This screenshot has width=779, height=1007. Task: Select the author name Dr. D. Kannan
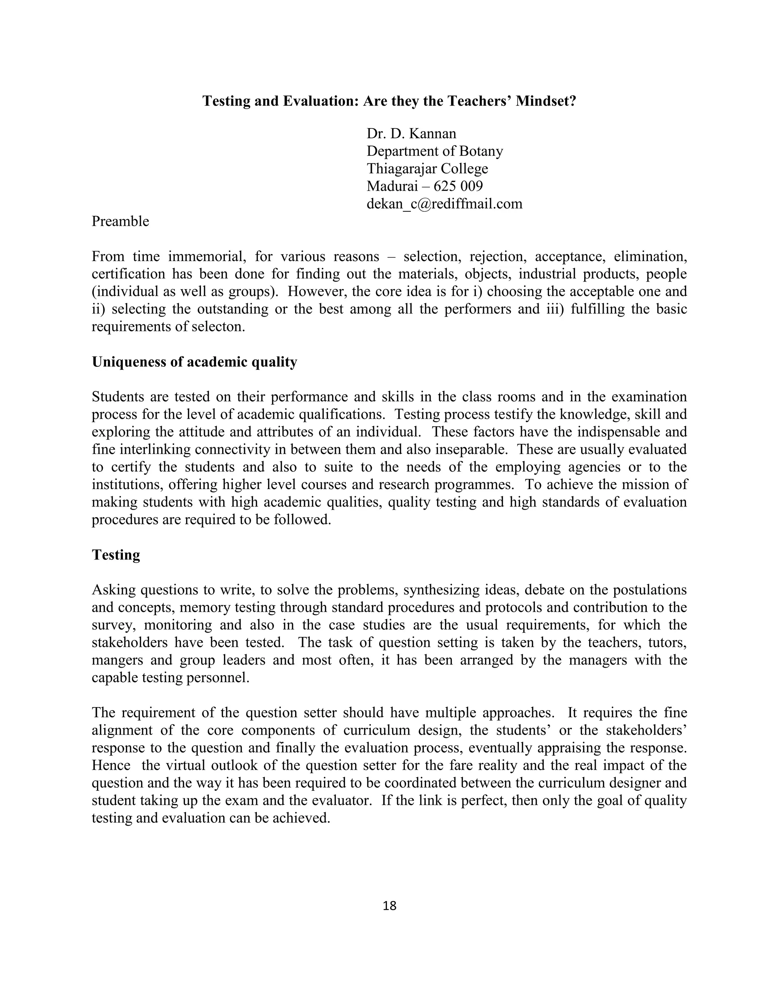[x=411, y=134]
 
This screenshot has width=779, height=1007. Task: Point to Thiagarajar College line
[x=427, y=169]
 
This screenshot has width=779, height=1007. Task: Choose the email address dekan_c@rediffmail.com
[x=444, y=204]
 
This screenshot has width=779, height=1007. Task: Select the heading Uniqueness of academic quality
[x=194, y=362]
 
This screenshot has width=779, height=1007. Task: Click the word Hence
[x=111, y=765]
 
